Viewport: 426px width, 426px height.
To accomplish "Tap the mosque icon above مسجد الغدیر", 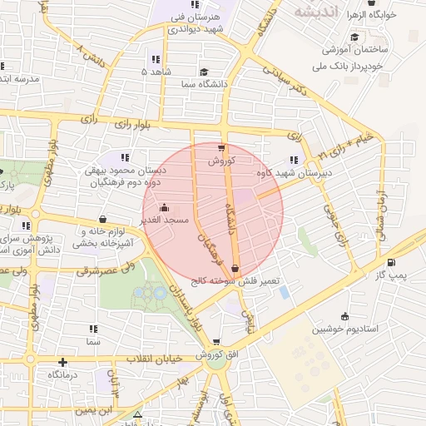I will coord(163,207).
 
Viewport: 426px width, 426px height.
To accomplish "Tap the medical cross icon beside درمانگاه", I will coord(63,362).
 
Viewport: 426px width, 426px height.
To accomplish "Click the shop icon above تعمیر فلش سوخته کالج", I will coord(235,269).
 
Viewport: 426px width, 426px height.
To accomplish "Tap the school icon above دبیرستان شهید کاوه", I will coord(293,161).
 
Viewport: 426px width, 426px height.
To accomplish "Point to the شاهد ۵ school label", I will coord(156,72).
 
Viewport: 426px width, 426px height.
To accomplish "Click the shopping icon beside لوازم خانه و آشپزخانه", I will coord(102,220).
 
